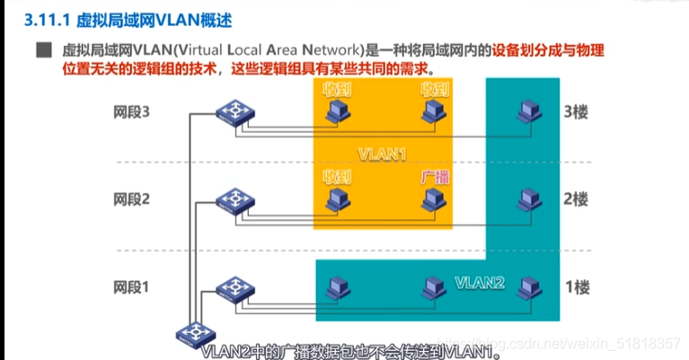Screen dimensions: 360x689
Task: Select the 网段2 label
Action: click(x=132, y=198)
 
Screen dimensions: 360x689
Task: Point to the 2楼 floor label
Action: click(x=575, y=198)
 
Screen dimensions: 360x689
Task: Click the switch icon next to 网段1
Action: click(x=235, y=286)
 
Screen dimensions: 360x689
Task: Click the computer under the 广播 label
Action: click(x=435, y=199)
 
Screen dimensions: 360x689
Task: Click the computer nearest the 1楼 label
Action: click(x=529, y=286)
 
